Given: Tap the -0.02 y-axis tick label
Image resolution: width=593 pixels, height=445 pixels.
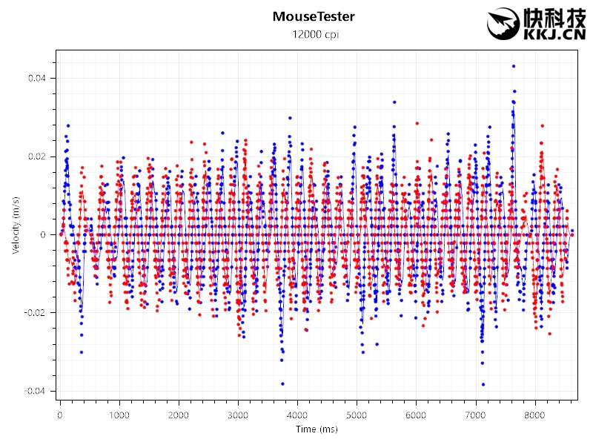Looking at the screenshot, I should tap(34, 313).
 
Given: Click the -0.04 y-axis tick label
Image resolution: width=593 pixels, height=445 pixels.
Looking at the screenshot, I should tap(34, 391).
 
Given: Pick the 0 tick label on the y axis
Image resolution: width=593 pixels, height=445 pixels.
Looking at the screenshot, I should tap(43, 235).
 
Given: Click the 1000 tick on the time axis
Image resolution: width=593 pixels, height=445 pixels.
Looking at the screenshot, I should tap(119, 415).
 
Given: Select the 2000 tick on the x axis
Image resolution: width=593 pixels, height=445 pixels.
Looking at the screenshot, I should tap(179, 415).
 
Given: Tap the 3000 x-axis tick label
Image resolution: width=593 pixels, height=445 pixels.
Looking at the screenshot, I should tap(238, 415).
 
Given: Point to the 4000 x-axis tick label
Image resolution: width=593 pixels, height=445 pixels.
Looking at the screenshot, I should tap(297, 415).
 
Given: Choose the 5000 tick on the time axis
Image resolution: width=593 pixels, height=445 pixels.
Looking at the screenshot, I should tap(357, 415).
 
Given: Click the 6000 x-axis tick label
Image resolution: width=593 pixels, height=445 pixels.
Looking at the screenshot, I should tap(416, 415).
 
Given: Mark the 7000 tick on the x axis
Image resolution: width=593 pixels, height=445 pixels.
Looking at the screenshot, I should tap(475, 415).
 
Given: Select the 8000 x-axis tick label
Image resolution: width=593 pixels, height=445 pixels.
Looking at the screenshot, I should tap(534, 415).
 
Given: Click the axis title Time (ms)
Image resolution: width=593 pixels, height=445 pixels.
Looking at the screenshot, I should tap(315, 430).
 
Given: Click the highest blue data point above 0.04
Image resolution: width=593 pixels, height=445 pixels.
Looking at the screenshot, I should tap(513, 66).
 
